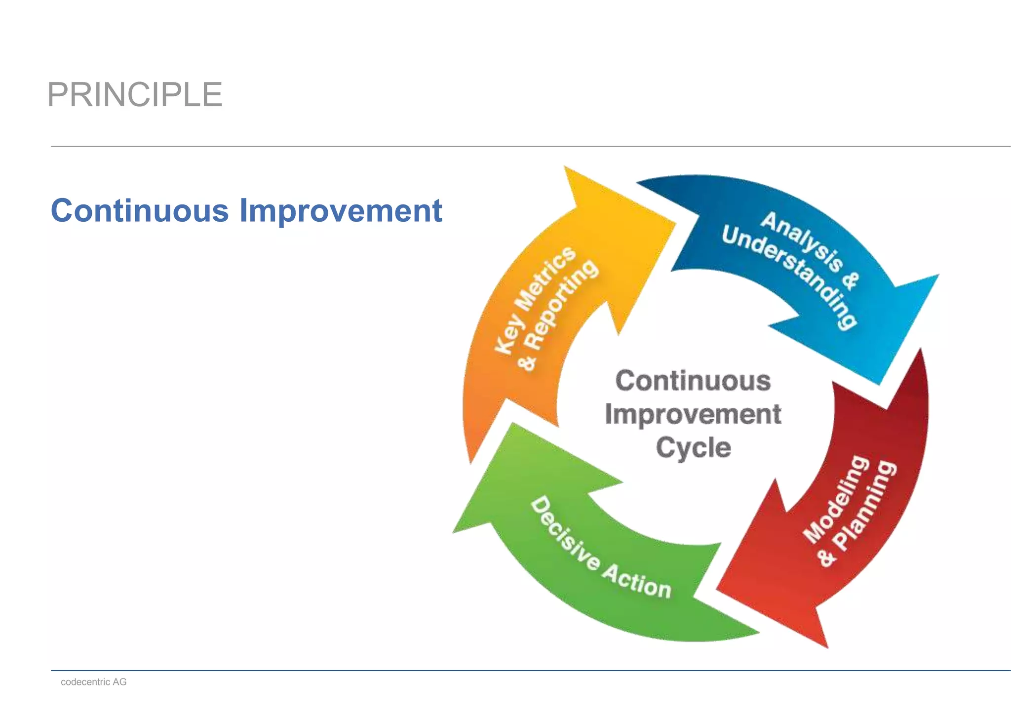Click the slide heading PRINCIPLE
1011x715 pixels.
coord(135,95)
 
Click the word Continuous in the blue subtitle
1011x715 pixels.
coord(140,211)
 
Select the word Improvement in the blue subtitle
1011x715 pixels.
coord(341,211)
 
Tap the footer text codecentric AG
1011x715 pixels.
coord(94,682)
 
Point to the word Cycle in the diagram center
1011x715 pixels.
coord(693,448)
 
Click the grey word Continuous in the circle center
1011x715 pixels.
coord(693,381)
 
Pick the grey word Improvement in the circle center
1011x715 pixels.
coord(693,414)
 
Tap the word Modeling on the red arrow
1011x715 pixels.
coord(836,499)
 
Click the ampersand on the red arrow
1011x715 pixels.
coord(826,558)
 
